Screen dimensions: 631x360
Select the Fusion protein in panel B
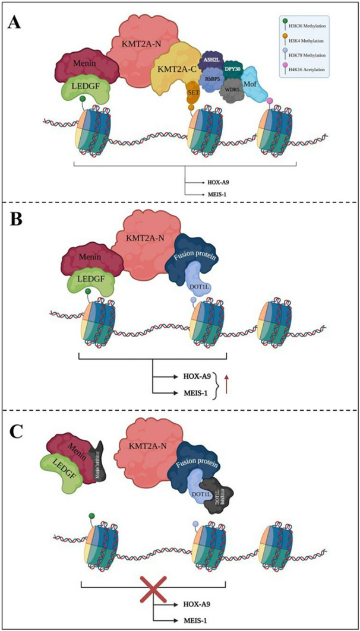197,268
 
